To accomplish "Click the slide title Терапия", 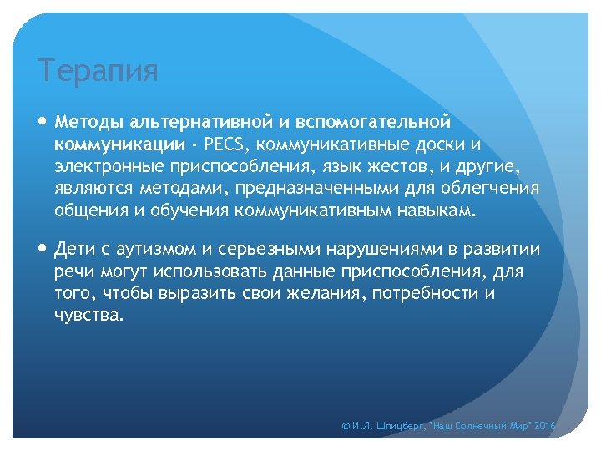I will click(98, 72).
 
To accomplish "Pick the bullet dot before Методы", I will click(43, 122).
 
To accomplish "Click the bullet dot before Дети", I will click(43, 250).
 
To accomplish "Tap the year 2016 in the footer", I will click(543, 426).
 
